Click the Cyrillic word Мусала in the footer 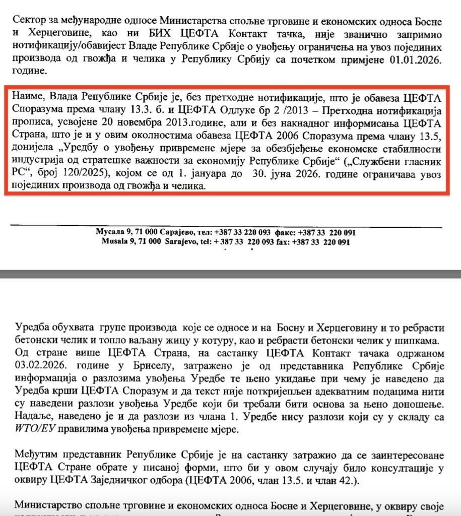[109, 232]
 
